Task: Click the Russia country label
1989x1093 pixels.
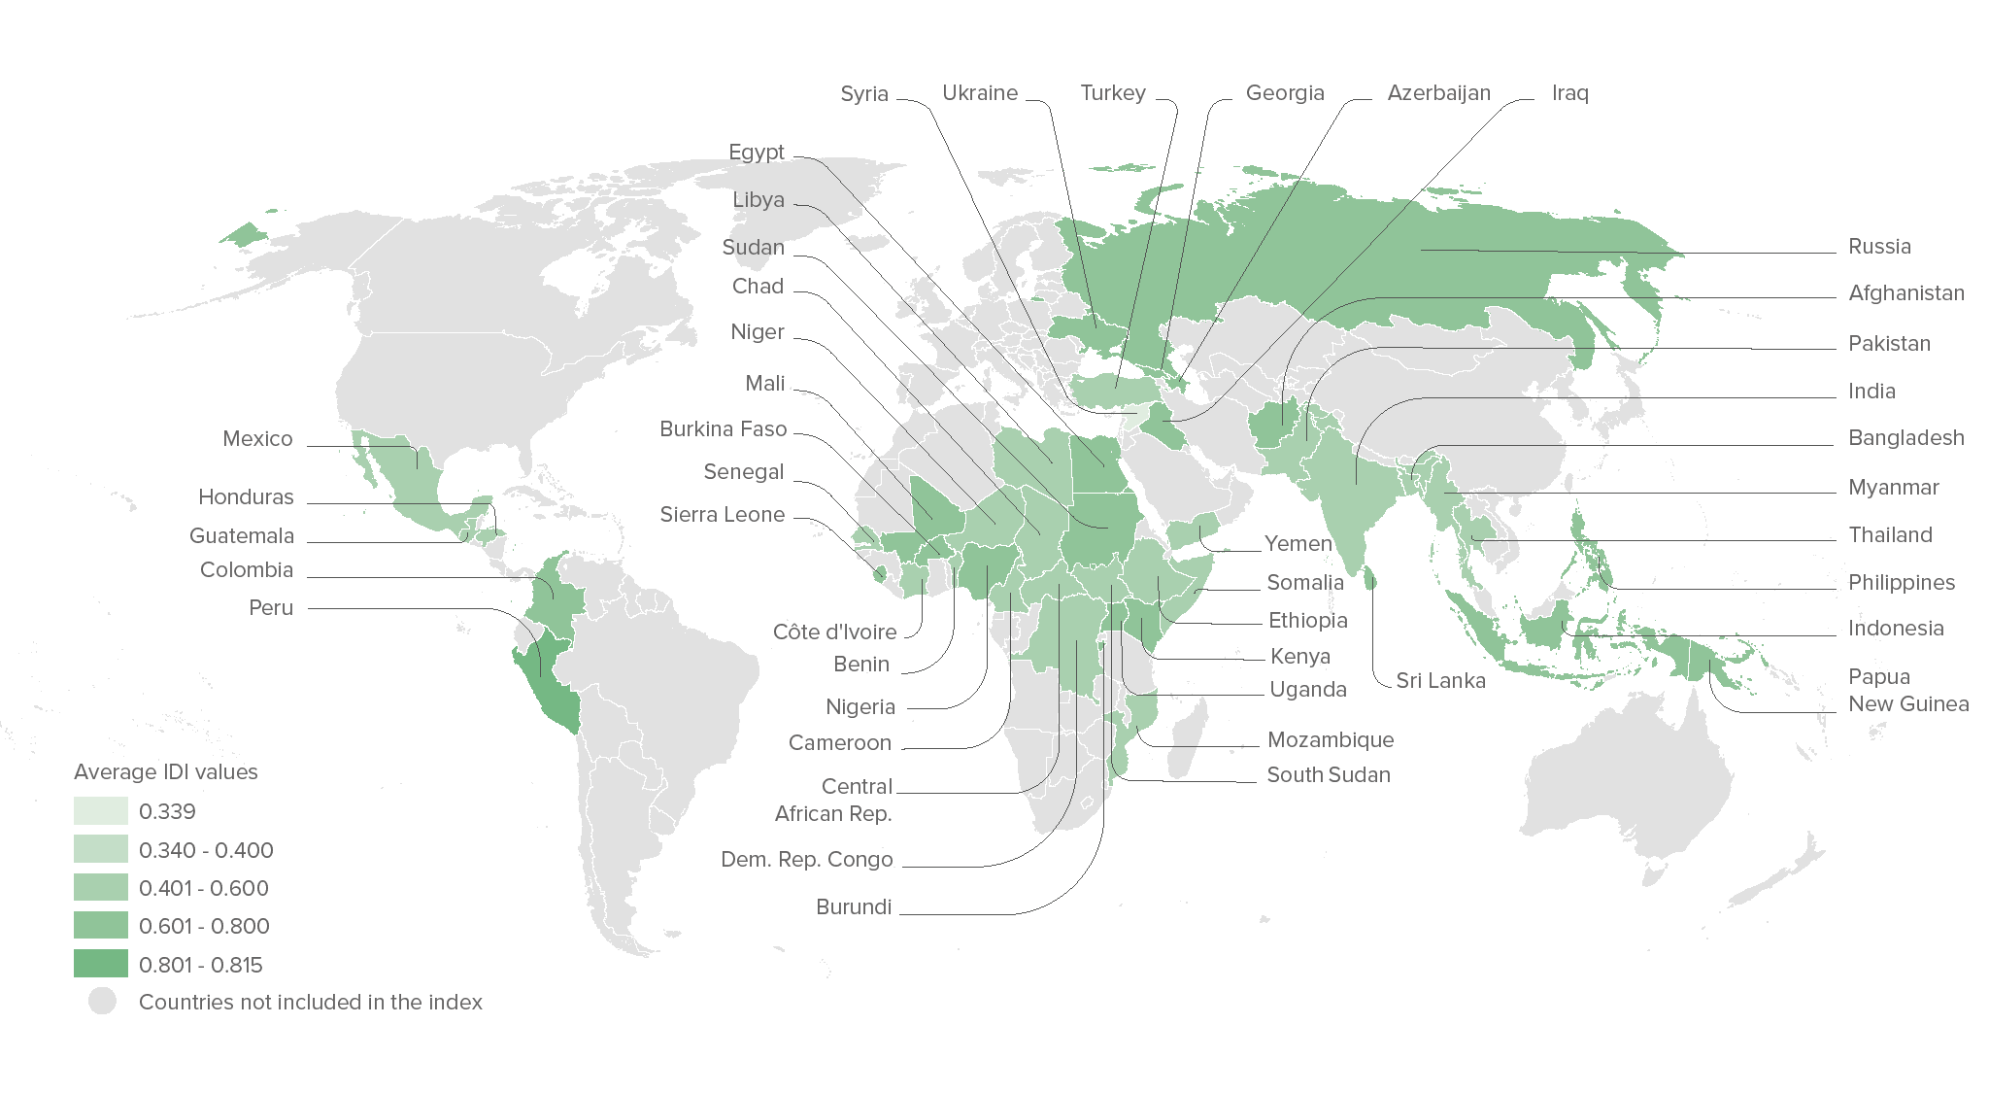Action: point(1879,247)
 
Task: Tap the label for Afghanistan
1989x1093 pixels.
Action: point(1905,293)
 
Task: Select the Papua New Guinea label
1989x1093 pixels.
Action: point(1907,690)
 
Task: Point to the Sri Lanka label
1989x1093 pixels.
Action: point(1440,681)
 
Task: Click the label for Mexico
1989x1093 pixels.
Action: point(257,439)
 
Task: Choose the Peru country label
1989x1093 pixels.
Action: point(271,608)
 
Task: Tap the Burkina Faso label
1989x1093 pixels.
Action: point(723,429)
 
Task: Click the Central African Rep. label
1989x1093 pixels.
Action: point(833,800)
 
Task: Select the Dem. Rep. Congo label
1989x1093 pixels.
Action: point(806,860)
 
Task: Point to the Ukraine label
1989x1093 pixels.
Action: point(980,93)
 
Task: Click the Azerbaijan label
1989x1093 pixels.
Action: point(1438,93)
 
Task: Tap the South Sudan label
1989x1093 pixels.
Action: point(1328,775)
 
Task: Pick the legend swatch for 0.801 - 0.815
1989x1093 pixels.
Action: point(101,964)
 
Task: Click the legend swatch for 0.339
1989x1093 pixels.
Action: point(101,811)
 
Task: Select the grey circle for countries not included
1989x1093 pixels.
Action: point(102,1001)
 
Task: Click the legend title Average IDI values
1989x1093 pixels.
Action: point(166,772)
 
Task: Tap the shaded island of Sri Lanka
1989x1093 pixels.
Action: point(1370,580)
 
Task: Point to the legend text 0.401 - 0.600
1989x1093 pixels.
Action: point(204,888)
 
